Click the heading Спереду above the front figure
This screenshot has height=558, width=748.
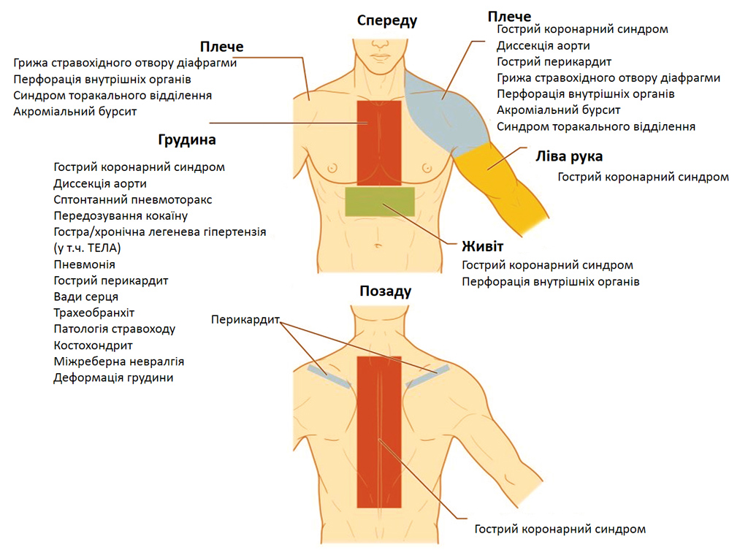click(387, 20)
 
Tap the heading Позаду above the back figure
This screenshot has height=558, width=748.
click(386, 291)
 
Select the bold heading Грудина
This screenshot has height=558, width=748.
click(186, 139)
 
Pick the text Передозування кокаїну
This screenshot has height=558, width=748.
click(121, 215)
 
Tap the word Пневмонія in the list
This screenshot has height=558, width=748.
click(84, 264)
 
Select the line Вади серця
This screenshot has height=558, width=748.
click(85, 297)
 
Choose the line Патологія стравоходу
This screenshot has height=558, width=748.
click(114, 329)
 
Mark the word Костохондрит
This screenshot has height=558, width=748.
click(93, 345)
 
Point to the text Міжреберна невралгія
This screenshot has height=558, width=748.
click(118, 362)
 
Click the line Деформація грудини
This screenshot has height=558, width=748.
click(113, 378)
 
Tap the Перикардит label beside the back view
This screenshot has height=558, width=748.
click(245, 319)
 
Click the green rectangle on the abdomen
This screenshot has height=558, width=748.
click(380, 202)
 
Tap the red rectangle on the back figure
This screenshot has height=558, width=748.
click(379, 431)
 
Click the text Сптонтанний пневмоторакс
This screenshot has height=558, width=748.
click(133, 199)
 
